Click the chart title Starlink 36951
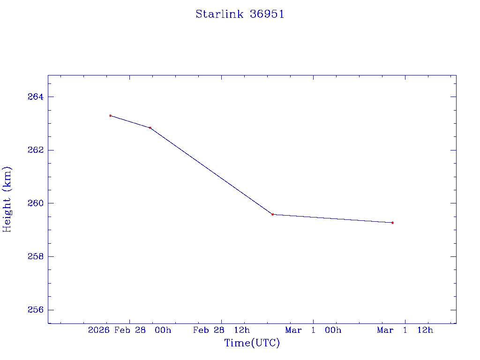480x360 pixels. [x=240, y=15]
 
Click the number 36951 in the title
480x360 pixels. [x=267, y=15]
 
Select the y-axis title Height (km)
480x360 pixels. [x=7, y=199]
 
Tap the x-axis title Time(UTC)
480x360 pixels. [x=252, y=344]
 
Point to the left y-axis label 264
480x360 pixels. [x=35, y=97]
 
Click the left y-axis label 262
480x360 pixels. [x=35, y=150]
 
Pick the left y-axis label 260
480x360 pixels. [x=35, y=203]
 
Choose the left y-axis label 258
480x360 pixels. [x=35, y=257]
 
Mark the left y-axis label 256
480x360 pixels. [x=35, y=310]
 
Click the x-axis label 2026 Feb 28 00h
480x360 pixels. [x=130, y=330]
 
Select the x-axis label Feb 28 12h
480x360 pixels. [x=222, y=330]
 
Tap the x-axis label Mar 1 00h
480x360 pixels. [x=313, y=330]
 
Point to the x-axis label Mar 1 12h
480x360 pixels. [x=405, y=330]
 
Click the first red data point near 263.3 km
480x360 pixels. [x=110, y=115]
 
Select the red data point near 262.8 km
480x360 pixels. [x=150, y=127]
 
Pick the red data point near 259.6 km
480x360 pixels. [x=272, y=214]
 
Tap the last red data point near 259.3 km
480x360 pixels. [x=392, y=223]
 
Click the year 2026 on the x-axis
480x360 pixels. [x=98, y=330]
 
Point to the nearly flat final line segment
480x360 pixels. [x=332, y=218]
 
